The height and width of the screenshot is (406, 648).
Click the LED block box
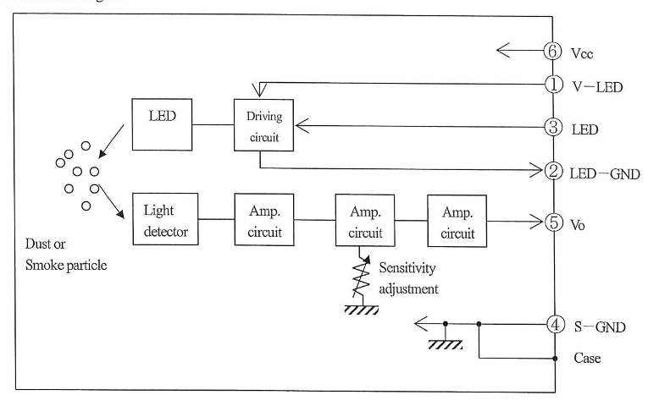162,124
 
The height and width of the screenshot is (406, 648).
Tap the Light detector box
165,218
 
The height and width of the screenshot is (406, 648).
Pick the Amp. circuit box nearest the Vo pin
458,221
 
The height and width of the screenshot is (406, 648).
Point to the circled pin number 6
553,51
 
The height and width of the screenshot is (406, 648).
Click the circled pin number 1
553,85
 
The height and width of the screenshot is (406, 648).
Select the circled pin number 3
553,129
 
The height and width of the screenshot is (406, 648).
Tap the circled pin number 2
553,172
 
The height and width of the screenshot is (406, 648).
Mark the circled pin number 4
553,323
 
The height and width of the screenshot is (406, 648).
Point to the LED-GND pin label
604,173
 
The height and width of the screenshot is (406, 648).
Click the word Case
587,358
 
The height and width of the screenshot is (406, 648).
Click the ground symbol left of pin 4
444,344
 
